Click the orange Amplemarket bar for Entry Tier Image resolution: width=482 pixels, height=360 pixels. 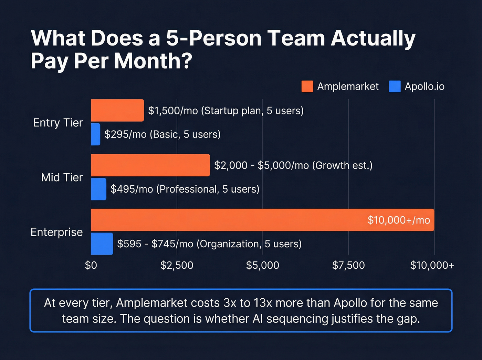[x=117, y=110]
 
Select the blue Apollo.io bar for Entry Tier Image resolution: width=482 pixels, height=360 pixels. [x=96, y=134]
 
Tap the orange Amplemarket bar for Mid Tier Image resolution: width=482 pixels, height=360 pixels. [x=150, y=165]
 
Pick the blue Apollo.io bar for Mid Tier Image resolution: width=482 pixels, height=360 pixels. [x=99, y=189]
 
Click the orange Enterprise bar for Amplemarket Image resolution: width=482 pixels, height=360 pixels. [x=227, y=220]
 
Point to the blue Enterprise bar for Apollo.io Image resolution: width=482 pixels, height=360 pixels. [x=102, y=244]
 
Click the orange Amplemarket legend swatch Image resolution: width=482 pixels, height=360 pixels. [x=307, y=86]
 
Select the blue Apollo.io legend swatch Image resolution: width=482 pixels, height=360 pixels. [x=395, y=86]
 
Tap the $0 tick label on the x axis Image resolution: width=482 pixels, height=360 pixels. [x=91, y=265]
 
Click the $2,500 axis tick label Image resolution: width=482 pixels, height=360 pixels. [x=177, y=265]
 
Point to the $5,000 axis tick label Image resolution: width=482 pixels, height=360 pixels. [x=263, y=265]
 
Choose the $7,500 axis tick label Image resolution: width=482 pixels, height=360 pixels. [x=348, y=265]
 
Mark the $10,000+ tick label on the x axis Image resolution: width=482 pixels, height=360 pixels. [x=432, y=265]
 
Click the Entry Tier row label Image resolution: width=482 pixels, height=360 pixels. [x=58, y=123]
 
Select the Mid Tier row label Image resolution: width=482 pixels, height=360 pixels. [x=62, y=177]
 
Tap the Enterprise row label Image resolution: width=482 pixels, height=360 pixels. [x=57, y=232]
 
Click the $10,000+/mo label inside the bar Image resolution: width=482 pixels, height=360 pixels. [x=399, y=220]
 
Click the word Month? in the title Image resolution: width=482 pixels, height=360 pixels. [x=153, y=61]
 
